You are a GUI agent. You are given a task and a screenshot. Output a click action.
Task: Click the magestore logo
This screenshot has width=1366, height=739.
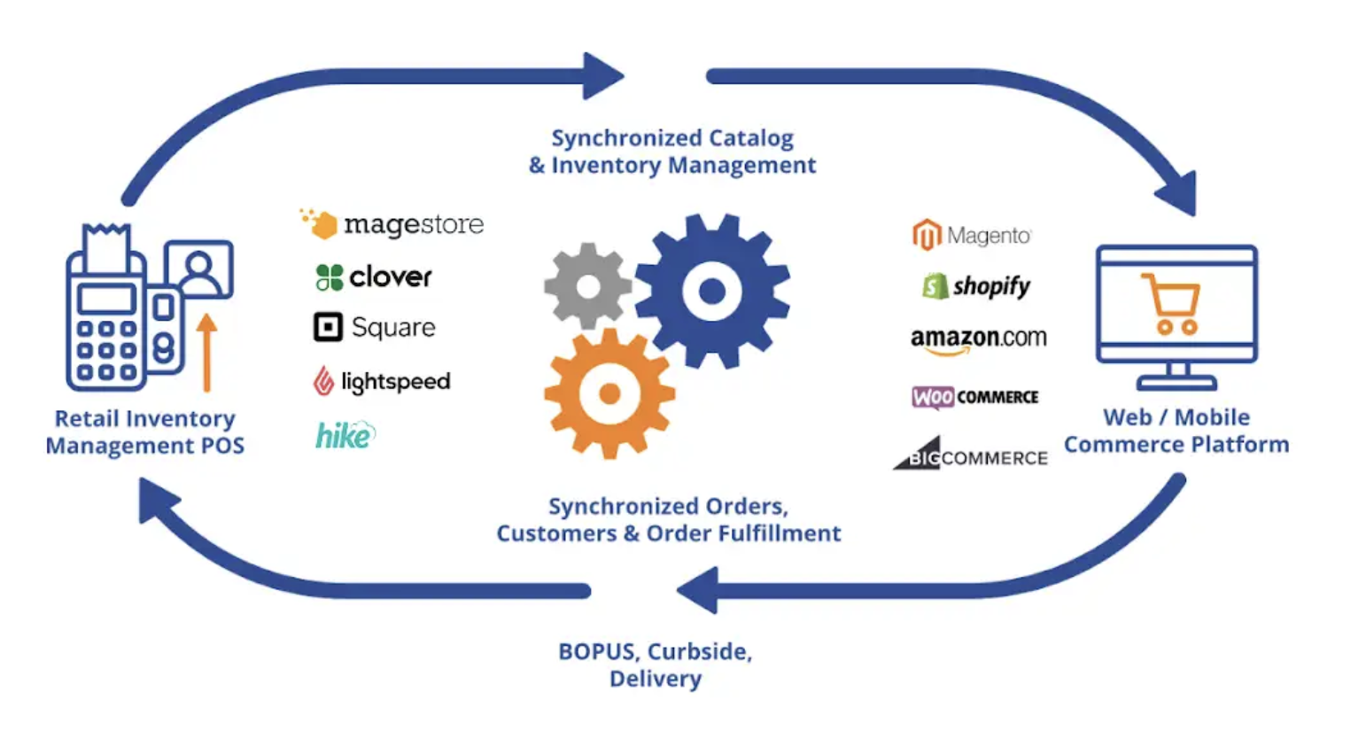(x=392, y=224)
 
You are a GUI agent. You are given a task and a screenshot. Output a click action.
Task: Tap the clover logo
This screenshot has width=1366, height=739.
(x=373, y=277)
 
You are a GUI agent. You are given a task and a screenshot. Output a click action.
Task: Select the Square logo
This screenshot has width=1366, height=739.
(x=374, y=327)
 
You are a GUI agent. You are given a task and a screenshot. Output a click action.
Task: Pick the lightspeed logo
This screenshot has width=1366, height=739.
(x=382, y=381)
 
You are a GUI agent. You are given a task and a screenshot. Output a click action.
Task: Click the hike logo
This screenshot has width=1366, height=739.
(x=345, y=435)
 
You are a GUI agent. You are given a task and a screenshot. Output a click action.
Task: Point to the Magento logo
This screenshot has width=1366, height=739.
(x=972, y=236)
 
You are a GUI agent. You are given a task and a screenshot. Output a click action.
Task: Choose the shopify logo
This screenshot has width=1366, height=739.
(x=976, y=286)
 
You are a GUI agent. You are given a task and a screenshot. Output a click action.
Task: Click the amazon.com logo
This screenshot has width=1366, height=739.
(x=978, y=339)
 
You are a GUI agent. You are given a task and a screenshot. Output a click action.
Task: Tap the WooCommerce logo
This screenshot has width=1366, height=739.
(x=974, y=397)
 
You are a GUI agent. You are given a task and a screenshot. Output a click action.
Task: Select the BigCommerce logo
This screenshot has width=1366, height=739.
(x=971, y=455)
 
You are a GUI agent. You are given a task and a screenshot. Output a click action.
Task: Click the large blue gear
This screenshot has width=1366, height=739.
(x=712, y=291)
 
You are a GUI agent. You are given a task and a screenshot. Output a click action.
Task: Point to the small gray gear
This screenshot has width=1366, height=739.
(x=587, y=286)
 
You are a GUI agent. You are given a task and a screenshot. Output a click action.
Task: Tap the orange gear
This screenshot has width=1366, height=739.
(x=609, y=393)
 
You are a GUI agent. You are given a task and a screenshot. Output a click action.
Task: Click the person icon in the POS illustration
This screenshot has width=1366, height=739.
(x=199, y=270)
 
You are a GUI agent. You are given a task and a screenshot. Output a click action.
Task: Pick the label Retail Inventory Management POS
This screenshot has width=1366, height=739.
(x=145, y=432)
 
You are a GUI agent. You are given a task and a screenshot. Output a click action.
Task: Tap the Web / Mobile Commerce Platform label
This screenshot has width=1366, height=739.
(x=1176, y=431)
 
